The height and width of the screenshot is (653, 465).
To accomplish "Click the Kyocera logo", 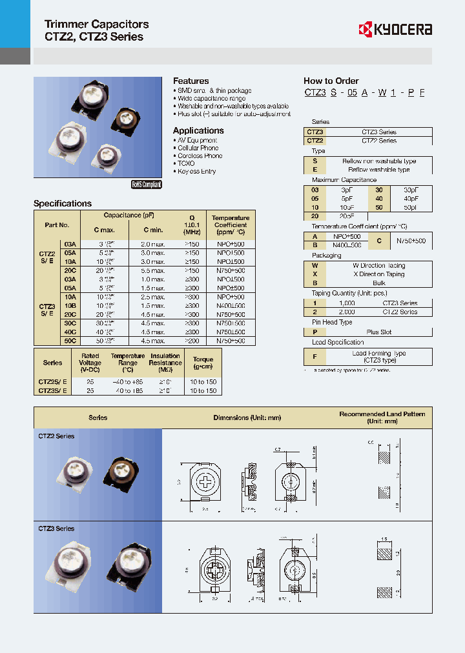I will pos(395,29).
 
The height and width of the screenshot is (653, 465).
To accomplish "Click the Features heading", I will pos(191,81).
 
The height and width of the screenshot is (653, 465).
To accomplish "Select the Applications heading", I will pos(198,130).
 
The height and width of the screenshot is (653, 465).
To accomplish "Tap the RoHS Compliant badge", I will pos(147,184).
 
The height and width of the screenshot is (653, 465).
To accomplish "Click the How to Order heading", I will pos(331,81).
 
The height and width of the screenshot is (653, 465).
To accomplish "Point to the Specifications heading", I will pos(63,203).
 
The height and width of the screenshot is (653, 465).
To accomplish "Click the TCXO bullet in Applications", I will pos(186,164).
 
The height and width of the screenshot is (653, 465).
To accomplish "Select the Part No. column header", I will pos(57,225).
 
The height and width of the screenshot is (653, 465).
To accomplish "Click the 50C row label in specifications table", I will pos(70,340).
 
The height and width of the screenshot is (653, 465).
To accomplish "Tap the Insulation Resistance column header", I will pos(165,363).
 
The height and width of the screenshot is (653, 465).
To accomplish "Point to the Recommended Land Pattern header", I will pos(382,417).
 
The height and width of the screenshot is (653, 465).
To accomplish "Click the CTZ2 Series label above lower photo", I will pos(57,436).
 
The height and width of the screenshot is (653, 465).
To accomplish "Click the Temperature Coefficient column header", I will pos(231,225).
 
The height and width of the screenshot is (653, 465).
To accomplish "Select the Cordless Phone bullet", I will pos(200,156).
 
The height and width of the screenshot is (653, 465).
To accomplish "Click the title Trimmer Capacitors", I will pos(96,24).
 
